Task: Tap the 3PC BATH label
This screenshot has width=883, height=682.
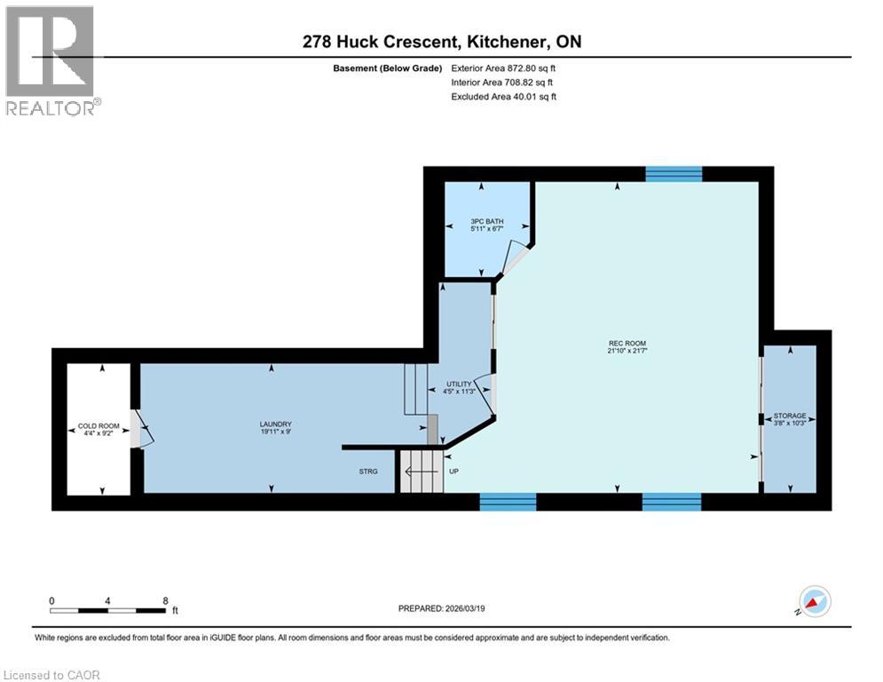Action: tap(486, 221)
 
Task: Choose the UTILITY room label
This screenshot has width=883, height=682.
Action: tap(459, 385)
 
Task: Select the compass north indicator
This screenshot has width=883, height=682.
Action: tap(814, 601)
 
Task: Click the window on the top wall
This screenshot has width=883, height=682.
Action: tap(674, 173)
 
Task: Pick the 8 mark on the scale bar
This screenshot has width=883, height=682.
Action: tap(165, 600)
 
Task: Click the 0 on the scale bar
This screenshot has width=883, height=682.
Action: tap(51, 600)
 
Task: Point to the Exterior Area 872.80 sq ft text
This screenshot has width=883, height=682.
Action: tap(504, 68)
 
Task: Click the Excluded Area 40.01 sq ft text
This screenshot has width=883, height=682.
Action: tap(504, 97)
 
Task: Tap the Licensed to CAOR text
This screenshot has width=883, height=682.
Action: tap(52, 675)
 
